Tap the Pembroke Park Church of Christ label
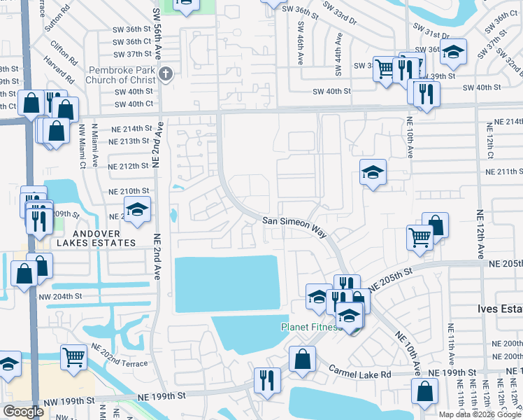pos(122,74)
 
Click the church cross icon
pos(166,74)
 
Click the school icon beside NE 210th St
pos(138,209)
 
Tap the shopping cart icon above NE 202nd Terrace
pos(73,356)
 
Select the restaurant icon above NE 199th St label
pos(267,379)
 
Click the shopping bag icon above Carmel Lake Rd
pos(302,358)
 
